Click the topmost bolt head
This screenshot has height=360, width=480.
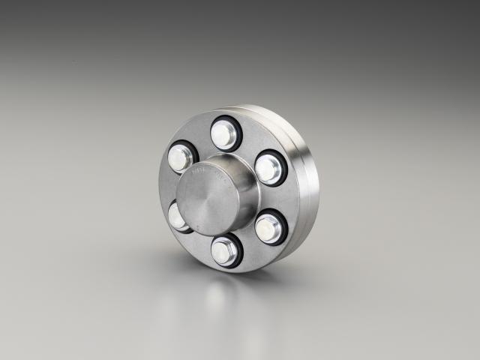[x=224, y=134]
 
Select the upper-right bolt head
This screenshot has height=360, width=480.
[x=268, y=168]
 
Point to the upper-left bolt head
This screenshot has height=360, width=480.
[x=180, y=157]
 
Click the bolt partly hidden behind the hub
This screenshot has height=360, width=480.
[x=176, y=216]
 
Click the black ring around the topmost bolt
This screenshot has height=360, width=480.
[x=237, y=127]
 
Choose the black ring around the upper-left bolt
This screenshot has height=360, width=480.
[x=193, y=150]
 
